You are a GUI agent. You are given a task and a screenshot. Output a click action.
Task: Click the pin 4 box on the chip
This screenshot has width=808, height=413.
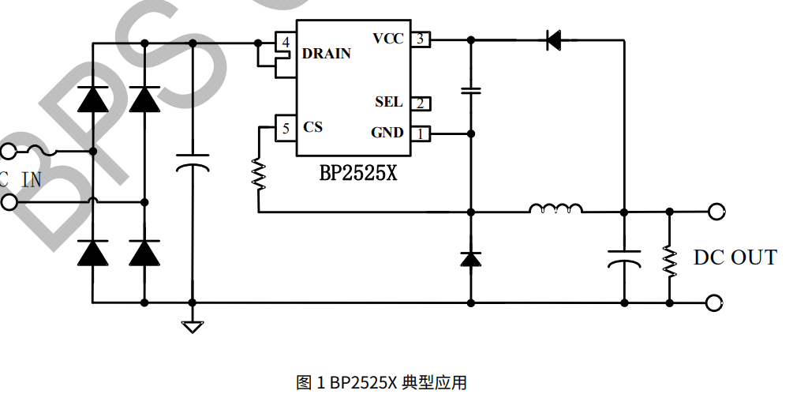(285, 42)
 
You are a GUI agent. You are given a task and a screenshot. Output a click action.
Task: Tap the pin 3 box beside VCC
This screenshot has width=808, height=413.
(421, 39)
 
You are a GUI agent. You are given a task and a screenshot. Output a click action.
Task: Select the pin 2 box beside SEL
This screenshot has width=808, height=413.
(421, 103)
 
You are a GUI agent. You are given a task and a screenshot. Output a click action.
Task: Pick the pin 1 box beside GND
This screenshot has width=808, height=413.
(421, 133)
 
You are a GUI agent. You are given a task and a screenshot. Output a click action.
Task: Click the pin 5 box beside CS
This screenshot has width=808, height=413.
(285, 128)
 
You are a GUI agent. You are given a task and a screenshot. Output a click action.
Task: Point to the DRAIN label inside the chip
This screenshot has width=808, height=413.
(327, 54)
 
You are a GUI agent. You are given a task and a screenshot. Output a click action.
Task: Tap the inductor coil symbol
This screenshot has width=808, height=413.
(556, 208)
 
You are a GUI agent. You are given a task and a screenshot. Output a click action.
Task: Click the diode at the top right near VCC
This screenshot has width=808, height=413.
(553, 39)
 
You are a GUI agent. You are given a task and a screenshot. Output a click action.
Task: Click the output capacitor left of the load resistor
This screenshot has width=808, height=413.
(623, 258)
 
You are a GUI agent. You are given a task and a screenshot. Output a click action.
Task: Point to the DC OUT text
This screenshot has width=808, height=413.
(735, 257)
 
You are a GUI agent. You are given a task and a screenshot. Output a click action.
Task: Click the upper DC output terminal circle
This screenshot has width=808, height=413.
(716, 212)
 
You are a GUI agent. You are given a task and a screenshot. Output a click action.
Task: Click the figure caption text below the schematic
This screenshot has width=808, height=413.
(381, 383)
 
